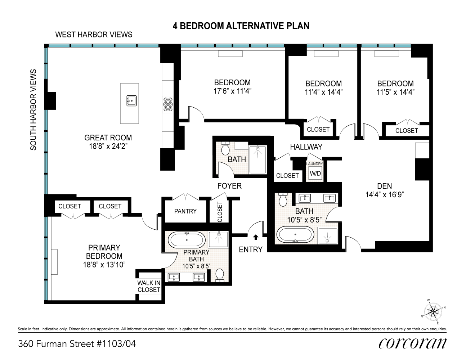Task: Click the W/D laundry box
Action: tap(315, 174)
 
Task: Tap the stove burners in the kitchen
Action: tap(168, 104)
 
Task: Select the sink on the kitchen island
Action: tap(131, 101)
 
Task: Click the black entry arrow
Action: tap(255, 237)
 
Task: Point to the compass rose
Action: tap(433, 311)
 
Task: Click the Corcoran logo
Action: tap(413, 343)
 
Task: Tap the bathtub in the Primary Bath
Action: tap(187, 240)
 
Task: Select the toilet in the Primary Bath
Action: tap(220, 275)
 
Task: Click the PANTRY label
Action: tap(185, 211)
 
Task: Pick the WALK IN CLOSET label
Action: tap(149, 286)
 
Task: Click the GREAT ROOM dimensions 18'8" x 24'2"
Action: tap(108, 147)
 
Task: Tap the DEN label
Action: tap(385, 186)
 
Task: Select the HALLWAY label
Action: tap(306, 147)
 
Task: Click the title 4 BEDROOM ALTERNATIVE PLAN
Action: tap(241, 26)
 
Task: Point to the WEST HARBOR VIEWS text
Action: tap(94, 35)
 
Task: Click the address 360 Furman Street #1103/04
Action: tap(77, 344)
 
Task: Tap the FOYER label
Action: tap(229, 186)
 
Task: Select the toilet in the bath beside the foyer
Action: tap(225, 148)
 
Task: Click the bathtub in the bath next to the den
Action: tap(295, 234)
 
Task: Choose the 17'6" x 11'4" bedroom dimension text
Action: tap(232, 91)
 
